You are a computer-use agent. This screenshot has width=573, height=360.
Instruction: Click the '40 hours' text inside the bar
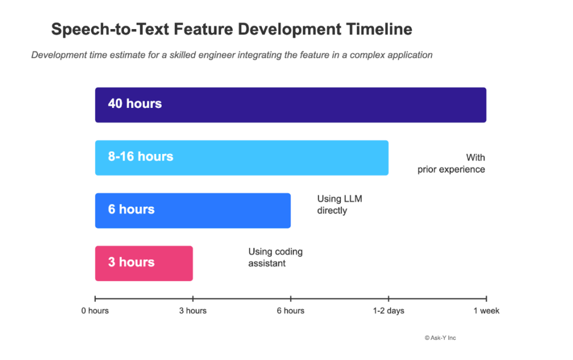point(135,104)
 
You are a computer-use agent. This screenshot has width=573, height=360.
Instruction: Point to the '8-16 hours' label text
point(140,157)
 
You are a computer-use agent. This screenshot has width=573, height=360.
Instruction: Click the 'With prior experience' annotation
point(452,163)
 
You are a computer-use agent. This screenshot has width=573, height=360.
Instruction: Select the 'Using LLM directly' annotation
point(336,205)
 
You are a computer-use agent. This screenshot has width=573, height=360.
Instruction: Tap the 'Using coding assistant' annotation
point(275,258)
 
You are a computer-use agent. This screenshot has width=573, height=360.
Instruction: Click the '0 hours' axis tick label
point(95,311)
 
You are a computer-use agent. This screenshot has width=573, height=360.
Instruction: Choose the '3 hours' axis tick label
point(192,311)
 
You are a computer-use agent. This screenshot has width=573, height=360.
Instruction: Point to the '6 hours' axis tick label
point(290,311)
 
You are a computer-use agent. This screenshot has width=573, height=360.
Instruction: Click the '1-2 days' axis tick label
point(388,311)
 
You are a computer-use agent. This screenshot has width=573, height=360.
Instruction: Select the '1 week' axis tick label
point(486,311)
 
